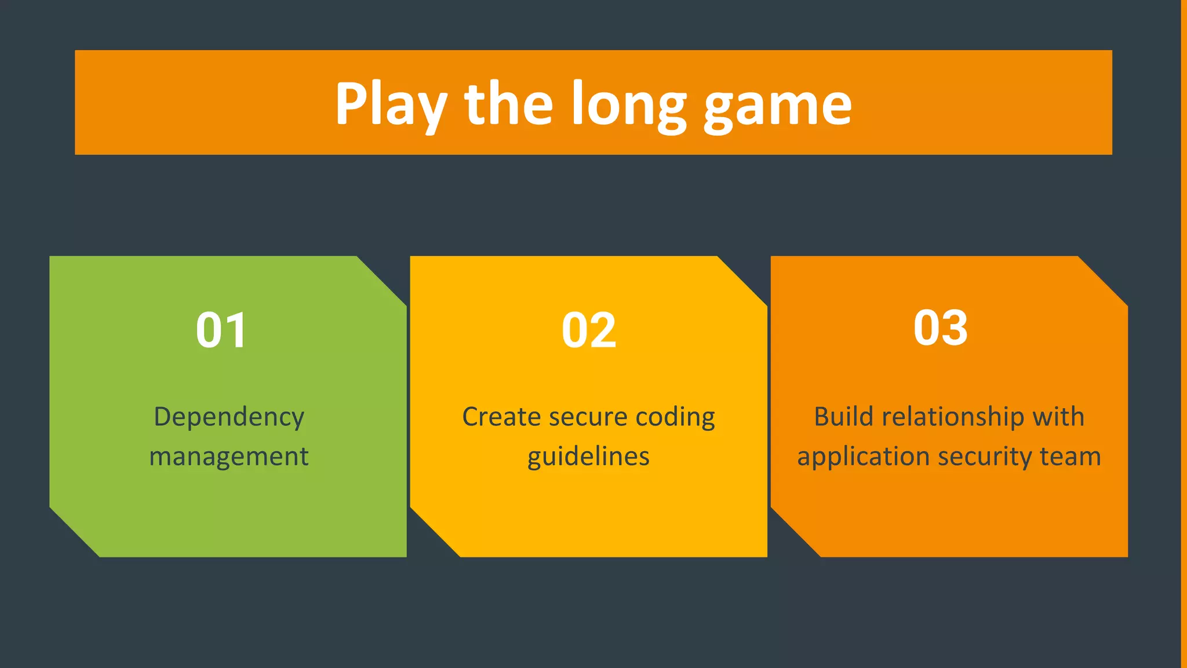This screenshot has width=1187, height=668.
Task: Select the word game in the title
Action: (777, 106)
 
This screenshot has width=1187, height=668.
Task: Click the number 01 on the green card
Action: (221, 330)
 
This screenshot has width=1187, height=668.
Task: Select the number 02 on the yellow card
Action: (588, 330)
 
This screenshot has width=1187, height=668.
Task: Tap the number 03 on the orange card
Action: (940, 328)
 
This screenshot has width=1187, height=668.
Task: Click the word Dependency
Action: (229, 417)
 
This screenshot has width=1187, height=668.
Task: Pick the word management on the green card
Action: (229, 456)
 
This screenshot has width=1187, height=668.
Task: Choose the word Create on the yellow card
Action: (500, 417)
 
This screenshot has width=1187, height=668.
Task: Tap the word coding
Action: (675, 417)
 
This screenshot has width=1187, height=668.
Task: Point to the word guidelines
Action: (588, 456)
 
